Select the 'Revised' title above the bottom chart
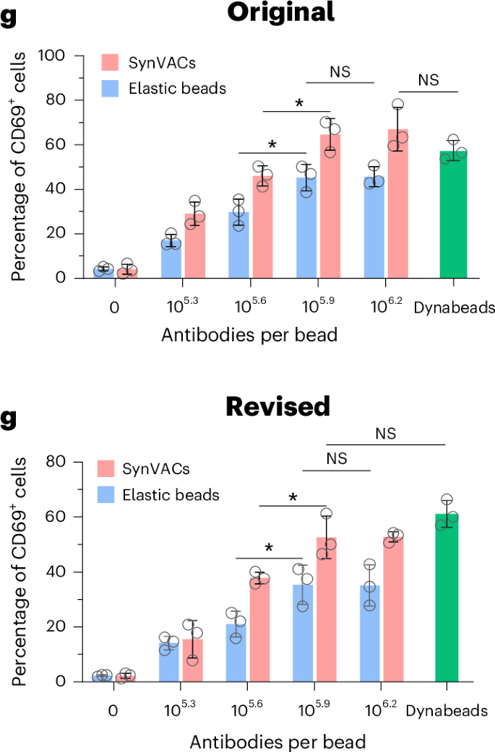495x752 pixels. [278, 406]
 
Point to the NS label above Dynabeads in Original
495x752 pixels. [429, 80]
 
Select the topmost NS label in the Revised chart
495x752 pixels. [386, 434]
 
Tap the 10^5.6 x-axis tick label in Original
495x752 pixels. [249, 306]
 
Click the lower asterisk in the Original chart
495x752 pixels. [272, 144]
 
